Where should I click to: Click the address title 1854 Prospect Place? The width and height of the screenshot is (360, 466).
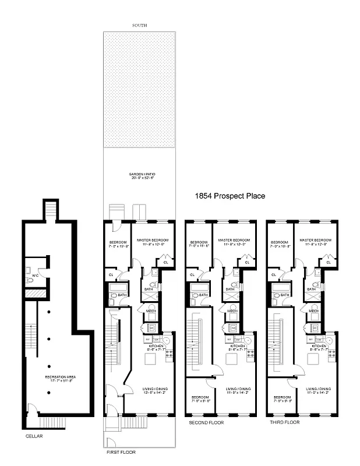point(230,196)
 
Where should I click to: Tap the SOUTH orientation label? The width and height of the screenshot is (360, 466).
point(140,26)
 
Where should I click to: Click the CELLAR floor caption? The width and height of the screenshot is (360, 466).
point(34,435)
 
